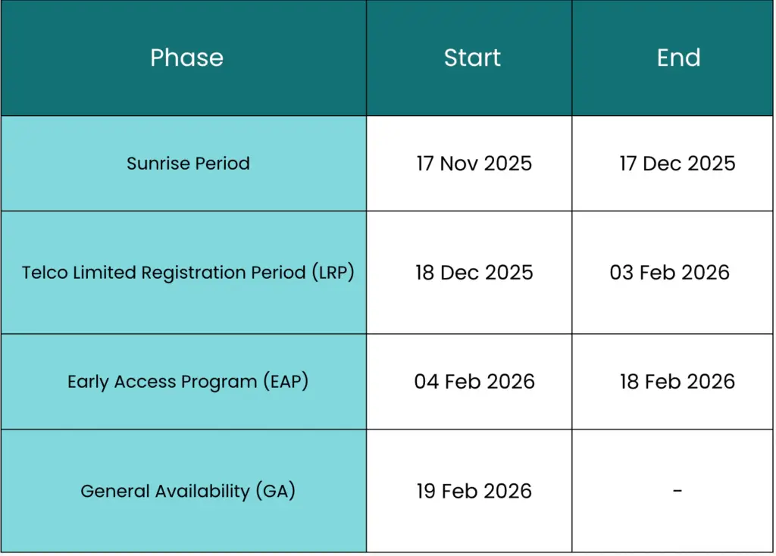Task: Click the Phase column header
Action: (x=186, y=58)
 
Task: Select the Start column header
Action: (x=472, y=58)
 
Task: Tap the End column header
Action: (x=678, y=58)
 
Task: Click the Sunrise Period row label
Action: (x=188, y=163)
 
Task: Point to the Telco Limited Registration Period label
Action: (x=188, y=273)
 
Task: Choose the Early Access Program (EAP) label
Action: (x=188, y=381)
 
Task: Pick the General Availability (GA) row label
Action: (x=188, y=491)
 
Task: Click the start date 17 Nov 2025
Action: (x=474, y=163)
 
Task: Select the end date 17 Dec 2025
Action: (x=677, y=163)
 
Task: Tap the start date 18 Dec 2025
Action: (x=474, y=273)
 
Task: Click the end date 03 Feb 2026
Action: (x=670, y=273)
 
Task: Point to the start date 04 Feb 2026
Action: (x=474, y=381)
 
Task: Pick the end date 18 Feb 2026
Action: (x=677, y=381)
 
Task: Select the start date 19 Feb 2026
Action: (x=474, y=491)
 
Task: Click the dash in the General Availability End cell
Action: (x=677, y=490)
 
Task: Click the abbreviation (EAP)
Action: (x=286, y=381)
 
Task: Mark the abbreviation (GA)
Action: (x=276, y=491)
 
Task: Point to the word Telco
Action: (x=45, y=273)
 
